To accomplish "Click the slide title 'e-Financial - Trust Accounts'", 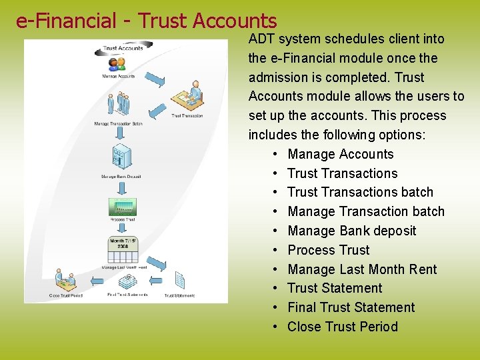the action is click(x=146, y=21).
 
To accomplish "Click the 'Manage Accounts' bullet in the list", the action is click(x=340, y=154).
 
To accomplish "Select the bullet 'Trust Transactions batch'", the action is click(x=360, y=192).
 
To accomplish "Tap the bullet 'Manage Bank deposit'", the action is click(x=351, y=231).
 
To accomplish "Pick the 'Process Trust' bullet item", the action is click(x=328, y=250).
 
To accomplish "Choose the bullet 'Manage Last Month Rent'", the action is click(x=362, y=269).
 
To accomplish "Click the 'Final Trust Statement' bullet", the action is click(x=351, y=307).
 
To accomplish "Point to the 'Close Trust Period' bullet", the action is click(x=342, y=327).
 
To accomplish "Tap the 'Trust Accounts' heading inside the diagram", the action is click(x=123, y=48).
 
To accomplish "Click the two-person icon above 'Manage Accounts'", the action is click(x=117, y=64).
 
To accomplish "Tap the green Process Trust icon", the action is click(x=122, y=206).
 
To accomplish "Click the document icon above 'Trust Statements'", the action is click(x=179, y=280).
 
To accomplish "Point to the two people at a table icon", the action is click(x=66, y=279).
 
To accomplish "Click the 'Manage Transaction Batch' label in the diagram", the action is click(x=118, y=124).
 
